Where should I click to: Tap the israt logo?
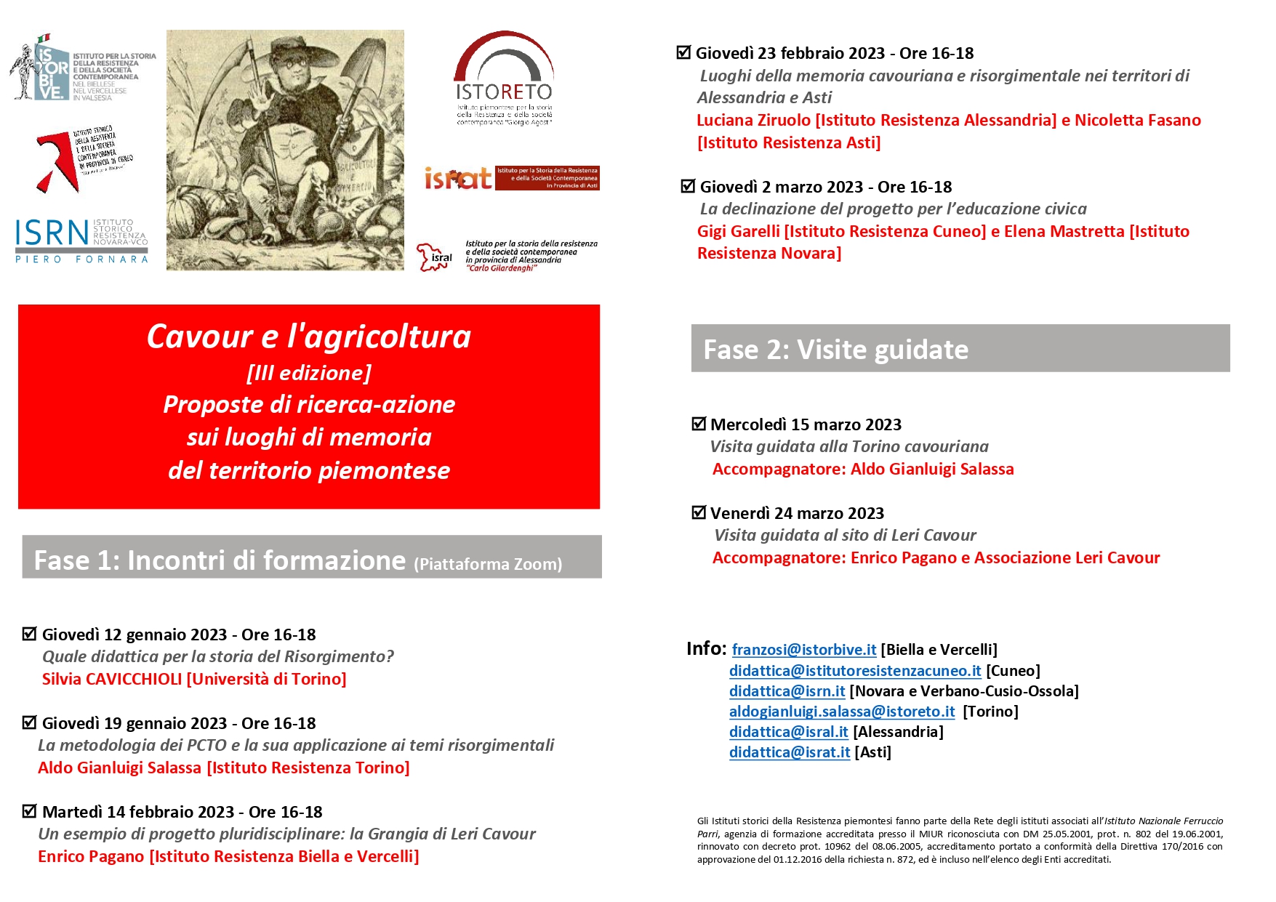click(x=511, y=178)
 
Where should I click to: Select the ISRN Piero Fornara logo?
click(x=81, y=240)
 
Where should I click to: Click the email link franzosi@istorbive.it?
click(x=803, y=650)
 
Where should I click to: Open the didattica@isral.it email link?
click(x=788, y=732)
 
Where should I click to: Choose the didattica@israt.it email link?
click(x=789, y=752)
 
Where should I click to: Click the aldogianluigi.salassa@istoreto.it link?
click(x=842, y=712)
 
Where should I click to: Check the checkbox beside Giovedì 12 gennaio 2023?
click(x=30, y=634)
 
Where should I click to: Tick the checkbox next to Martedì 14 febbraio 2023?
click(x=30, y=811)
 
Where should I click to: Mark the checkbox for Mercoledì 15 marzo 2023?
click(x=699, y=424)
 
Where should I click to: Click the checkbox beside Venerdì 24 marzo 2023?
click(x=699, y=512)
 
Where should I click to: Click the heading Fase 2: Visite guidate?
click(x=835, y=350)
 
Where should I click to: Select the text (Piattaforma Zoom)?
click(x=488, y=564)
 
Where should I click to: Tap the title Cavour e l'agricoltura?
click(x=308, y=337)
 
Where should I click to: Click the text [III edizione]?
click(x=308, y=373)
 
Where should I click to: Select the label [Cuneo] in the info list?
click(x=1013, y=671)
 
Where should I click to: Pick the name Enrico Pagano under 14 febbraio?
click(x=91, y=856)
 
